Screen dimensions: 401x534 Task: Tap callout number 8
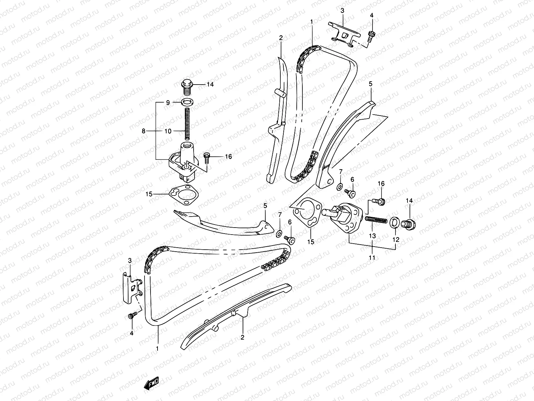click(144, 131)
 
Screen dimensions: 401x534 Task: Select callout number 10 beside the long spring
click(168, 131)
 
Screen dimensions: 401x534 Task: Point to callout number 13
click(372, 236)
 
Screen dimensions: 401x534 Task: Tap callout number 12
click(396, 239)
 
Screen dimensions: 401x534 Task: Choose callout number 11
click(372, 258)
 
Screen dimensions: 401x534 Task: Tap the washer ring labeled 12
click(394, 221)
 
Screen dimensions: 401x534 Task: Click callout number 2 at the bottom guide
click(243, 338)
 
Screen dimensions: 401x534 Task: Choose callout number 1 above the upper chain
click(311, 21)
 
